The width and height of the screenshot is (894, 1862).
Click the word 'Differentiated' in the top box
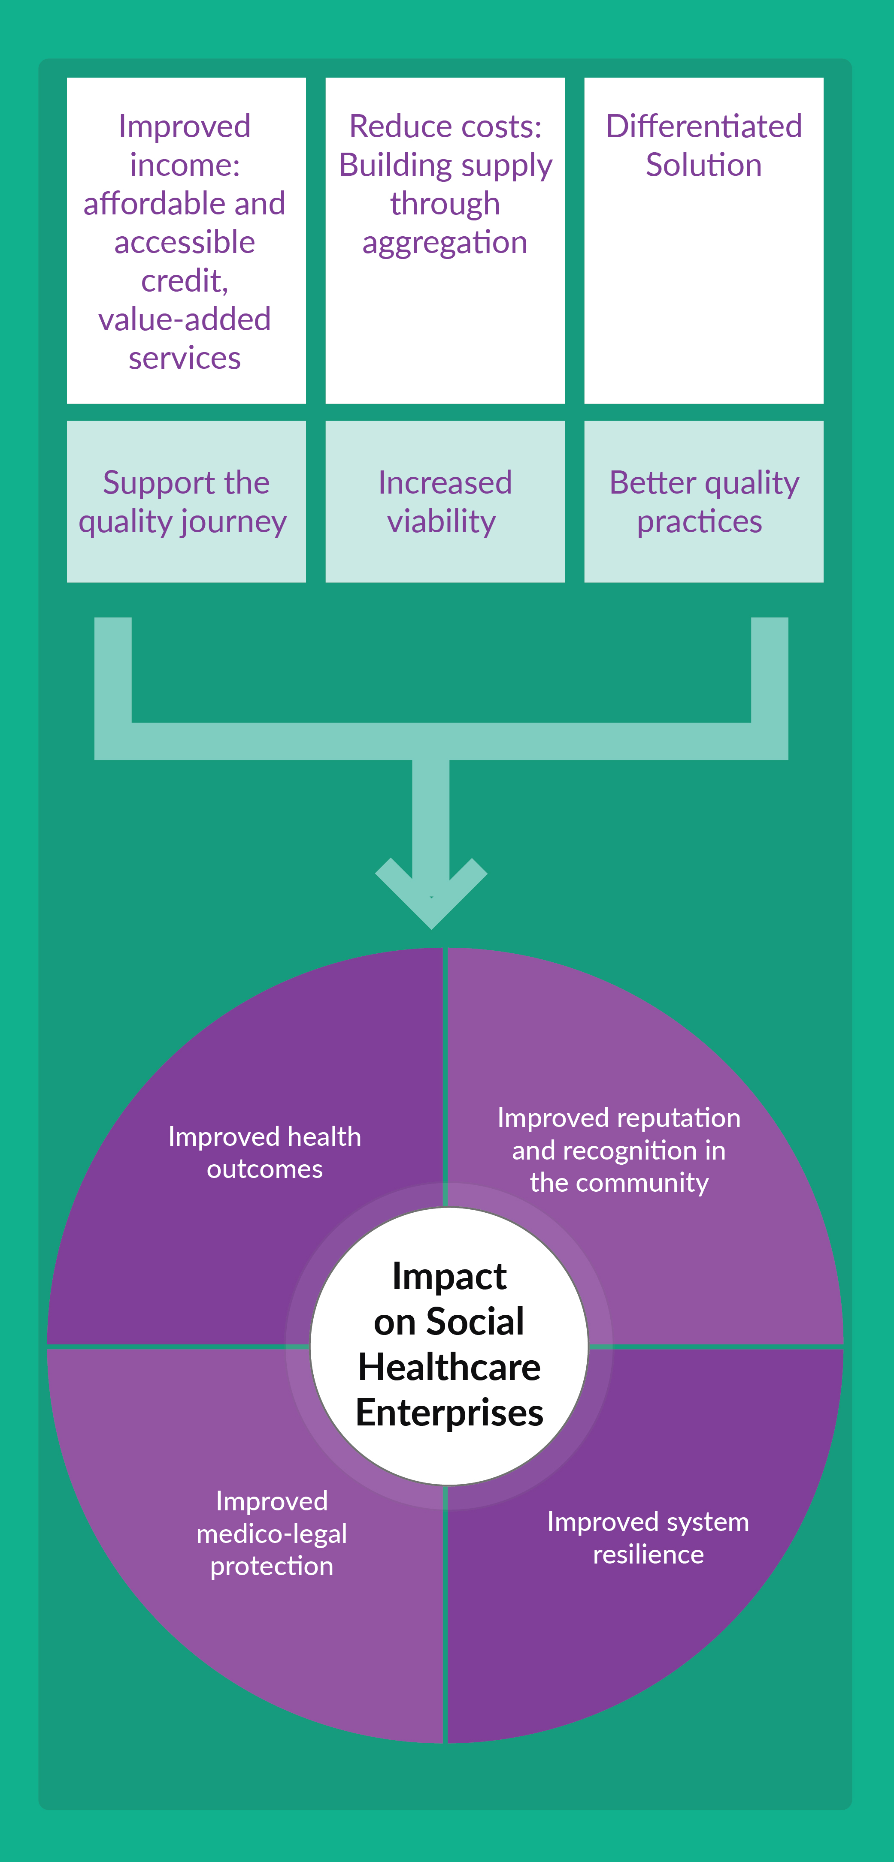coord(704,127)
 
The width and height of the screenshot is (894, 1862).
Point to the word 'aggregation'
coord(445,243)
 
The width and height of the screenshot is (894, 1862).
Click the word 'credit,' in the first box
coord(185,281)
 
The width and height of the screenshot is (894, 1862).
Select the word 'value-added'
coord(185,319)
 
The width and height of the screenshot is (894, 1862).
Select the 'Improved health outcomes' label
coord(265,1152)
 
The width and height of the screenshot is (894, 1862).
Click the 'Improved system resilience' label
coord(648,1537)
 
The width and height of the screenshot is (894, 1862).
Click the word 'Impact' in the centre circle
coord(449,1276)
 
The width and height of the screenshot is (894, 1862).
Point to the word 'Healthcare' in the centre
coord(449,1367)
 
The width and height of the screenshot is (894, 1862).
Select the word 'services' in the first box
coord(185,359)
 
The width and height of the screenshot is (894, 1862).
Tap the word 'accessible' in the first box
coord(185,243)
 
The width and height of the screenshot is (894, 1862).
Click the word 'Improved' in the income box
coord(185,127)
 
